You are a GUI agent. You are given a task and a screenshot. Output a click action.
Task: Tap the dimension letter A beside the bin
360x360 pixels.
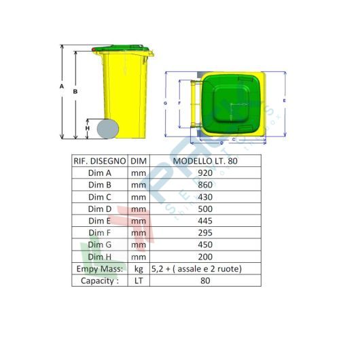coord(61,87)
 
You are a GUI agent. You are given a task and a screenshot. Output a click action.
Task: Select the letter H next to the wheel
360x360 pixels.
coord(87,128)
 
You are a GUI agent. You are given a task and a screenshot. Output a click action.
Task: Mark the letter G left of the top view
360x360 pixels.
coord(166,103)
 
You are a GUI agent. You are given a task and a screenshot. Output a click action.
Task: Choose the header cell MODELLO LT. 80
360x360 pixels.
coord(206,161)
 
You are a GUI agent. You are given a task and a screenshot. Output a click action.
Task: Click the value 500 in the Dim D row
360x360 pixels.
coord(206,209)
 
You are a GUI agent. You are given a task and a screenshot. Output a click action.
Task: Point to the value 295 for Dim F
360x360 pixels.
coord(206,233)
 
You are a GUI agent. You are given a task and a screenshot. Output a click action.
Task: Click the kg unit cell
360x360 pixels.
coord(139,269)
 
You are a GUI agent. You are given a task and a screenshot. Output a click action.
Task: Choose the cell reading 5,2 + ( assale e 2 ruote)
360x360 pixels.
coord(206,269)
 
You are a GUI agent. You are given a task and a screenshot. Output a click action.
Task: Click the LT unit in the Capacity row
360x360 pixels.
coord(139,281)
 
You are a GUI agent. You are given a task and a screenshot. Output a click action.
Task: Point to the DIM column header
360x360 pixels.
coord(139,161)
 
